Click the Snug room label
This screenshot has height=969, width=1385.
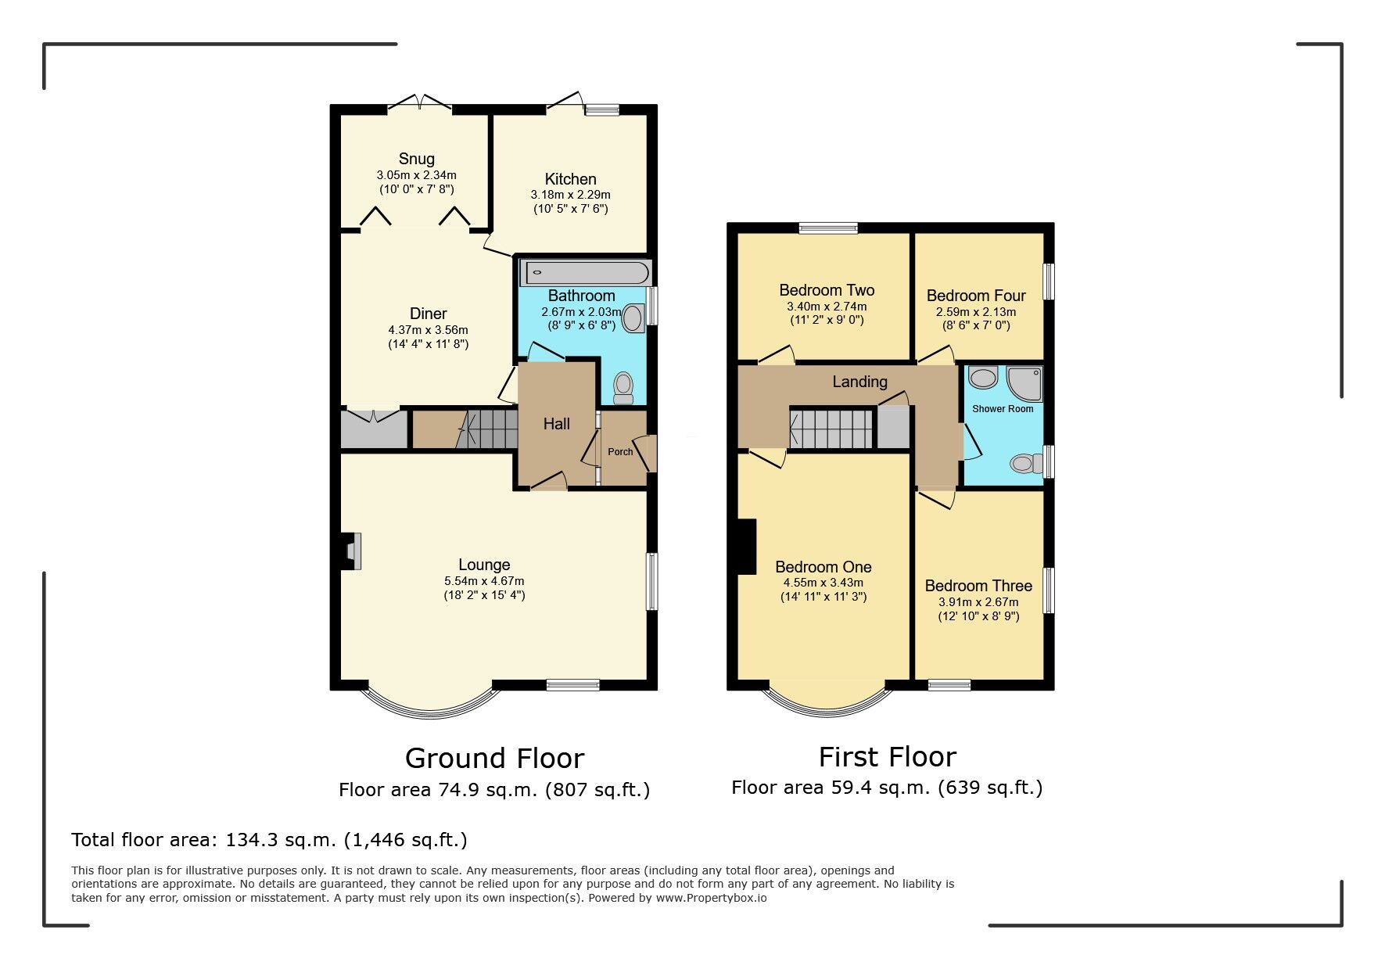416,159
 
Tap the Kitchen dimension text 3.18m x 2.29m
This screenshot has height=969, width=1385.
570,195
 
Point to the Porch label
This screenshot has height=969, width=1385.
620,452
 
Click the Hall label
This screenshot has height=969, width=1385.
556,424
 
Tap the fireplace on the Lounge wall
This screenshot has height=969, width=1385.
352,551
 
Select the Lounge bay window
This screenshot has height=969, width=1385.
429,702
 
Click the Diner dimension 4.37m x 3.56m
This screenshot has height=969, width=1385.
428,330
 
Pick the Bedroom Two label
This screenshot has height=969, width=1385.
827,290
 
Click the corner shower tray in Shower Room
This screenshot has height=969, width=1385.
1024,382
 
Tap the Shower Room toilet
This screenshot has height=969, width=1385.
1024,464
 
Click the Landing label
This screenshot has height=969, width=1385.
859,382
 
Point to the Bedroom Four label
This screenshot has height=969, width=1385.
976,296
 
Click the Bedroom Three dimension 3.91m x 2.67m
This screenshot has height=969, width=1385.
978,602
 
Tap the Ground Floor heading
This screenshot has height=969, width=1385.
494,758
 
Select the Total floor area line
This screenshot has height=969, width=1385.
269,840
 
